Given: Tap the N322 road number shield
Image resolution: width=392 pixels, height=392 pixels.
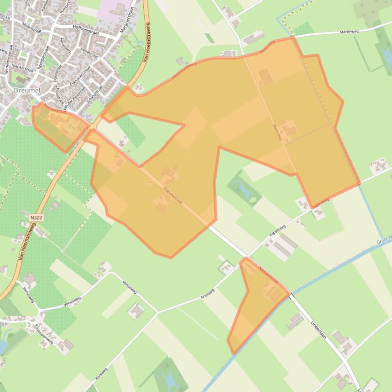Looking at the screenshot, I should [36, 217].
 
